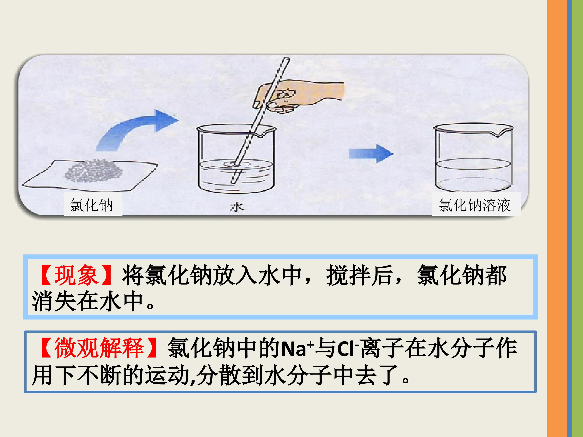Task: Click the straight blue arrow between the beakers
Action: (x=371, y=154)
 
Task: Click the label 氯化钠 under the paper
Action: (x=91, y=205)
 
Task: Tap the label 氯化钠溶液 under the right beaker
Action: (x=474, y=205)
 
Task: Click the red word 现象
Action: (x=76, y=275)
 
